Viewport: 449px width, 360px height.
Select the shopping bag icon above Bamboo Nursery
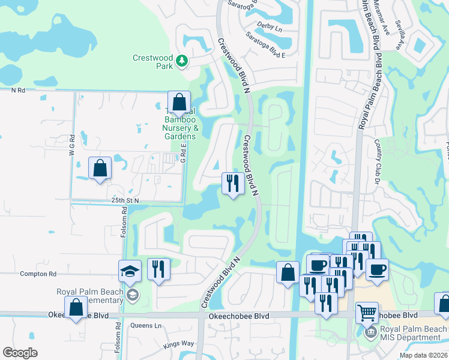coord(179,103)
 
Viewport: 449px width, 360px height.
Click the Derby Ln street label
coord(269,28)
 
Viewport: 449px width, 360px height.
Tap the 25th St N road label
coord(125,200)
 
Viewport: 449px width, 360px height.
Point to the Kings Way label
coord(179,345)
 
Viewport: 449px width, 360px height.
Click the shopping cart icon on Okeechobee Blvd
coord(367,313)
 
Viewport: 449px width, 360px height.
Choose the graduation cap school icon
coord(130,271)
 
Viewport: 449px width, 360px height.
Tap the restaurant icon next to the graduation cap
coord(158,269)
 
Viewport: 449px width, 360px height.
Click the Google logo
coord(20,353)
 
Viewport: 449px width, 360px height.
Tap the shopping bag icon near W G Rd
coord(100,169)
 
